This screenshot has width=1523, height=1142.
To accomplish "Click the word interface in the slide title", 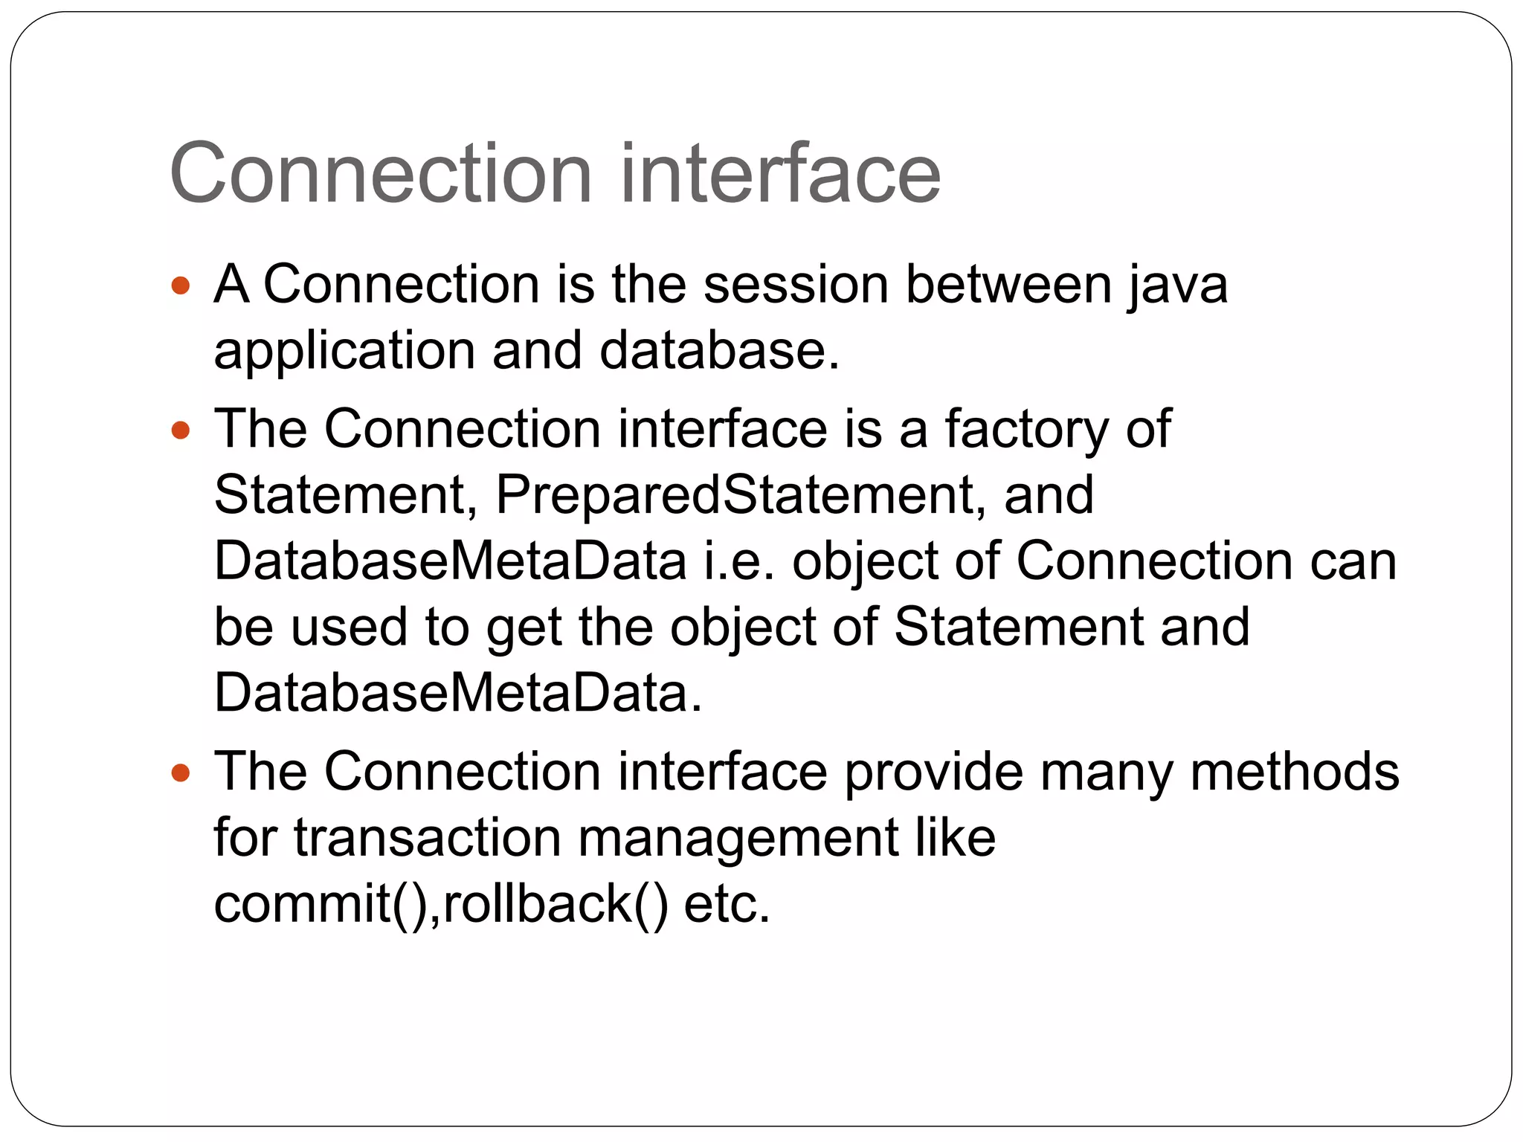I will pyautogui.click(x=780, y=174).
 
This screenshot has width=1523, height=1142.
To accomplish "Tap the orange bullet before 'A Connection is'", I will pyautogui.click(x=181, y=285).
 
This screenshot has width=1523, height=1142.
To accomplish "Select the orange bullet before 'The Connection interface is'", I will pyautogui.click(x=181, y=430).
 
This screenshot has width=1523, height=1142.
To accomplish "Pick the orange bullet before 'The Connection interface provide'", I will pyautogui.click(x=181, y=772).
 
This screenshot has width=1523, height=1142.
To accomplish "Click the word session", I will pyautogui.click(x=795, y=285).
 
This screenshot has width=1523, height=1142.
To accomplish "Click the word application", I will pyautogui.click(x=344, y=351).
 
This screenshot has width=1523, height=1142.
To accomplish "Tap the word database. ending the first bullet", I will pyautogui.click(x=719, y=351).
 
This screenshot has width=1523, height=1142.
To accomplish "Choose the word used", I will pyautogui.click(x=349, y=628).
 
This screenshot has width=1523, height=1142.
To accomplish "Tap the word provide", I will pyautogui.click(x=933, y=772).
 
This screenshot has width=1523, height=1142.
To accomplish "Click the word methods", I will pyautogui.click(x=1294, y=772).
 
